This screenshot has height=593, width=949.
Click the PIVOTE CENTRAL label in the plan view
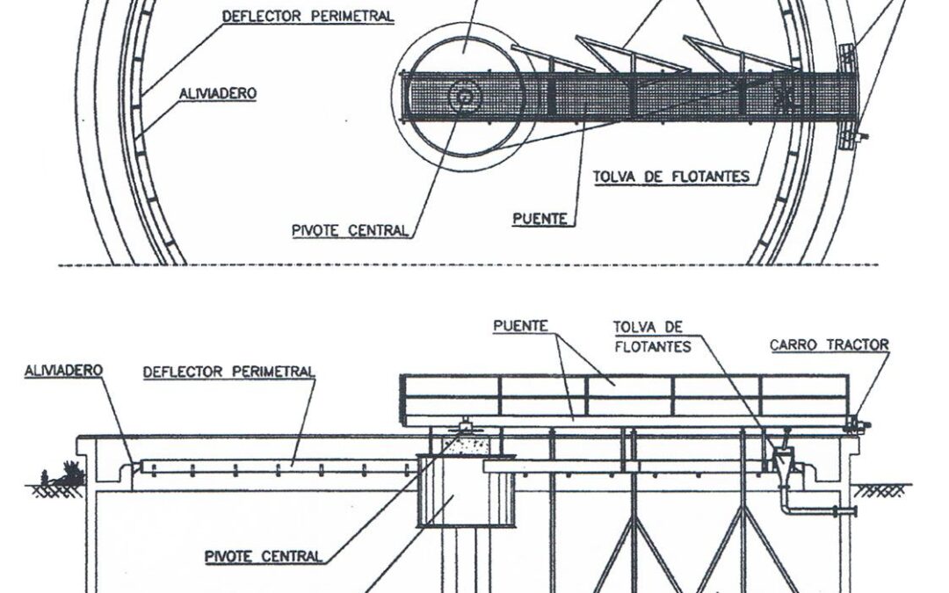click(350, 230)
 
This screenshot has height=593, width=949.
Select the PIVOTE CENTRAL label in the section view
click(264, 556)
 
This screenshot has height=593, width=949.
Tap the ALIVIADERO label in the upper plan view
click(218, 94)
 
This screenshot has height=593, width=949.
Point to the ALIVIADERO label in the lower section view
click(63, 371)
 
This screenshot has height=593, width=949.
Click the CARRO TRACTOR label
click(829, 345)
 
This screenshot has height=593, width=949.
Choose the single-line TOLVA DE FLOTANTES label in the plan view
click(671, 177)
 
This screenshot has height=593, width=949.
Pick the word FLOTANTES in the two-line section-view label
click(652, 347)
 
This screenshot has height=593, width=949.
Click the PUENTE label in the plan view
click(540, 219)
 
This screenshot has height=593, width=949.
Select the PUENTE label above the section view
click(520, 326)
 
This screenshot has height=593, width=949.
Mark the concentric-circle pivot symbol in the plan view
click(464, 97)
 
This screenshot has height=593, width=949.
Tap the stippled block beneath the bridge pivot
click(465, 445)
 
